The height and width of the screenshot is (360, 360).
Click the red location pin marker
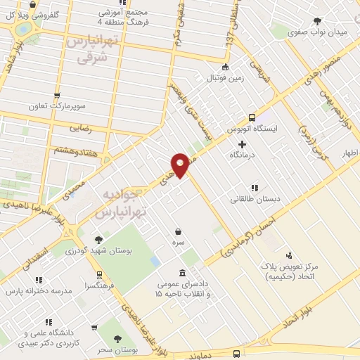click(181, 165)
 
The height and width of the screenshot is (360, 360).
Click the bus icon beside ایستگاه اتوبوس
click(252, 118)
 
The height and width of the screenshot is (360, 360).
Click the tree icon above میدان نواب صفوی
click(318, 21)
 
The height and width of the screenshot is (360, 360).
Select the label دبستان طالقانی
click(255, 199)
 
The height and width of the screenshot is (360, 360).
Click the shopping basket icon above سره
click(179, 231)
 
